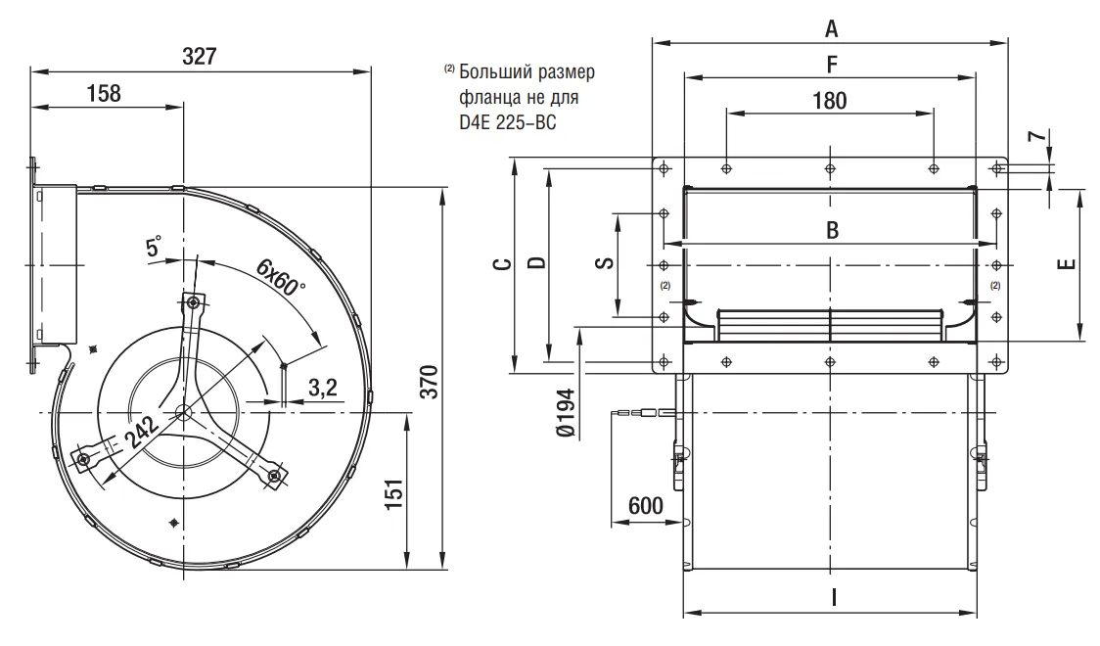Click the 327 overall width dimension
point(200,56)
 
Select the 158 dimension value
point(104,93)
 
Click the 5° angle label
point(155,248)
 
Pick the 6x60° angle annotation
point(282,278)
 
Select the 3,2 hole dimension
point(323,388)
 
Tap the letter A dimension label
point(831,29)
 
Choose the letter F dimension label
point(831,65)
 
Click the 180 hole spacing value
point(830,100)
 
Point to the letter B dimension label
point(831,231)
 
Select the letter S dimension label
point(604,262)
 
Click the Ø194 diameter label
point(565,417)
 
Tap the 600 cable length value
point(646,506)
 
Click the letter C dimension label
point(499,265)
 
